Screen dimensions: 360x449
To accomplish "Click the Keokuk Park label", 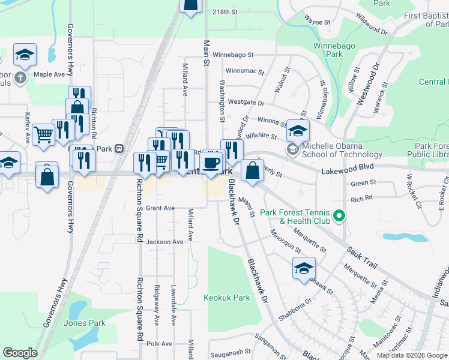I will tap(226, 298).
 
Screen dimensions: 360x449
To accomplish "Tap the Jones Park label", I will tap(85, 323).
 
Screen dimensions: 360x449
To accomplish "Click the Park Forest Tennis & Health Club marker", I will tap(339, 215).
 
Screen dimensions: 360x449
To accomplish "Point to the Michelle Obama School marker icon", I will tap(293, 149).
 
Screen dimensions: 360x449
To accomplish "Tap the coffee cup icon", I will tap(211, 162).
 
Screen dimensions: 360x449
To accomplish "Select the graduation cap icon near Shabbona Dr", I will tap(304, 268).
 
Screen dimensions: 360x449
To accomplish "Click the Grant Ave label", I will tap(160, 208).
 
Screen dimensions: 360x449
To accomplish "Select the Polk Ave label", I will tap(159, 344).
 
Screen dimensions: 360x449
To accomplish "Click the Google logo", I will tap(20, 353).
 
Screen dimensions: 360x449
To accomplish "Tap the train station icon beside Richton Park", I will tap(119, 148).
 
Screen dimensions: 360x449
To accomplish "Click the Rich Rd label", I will tap(361, 197).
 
